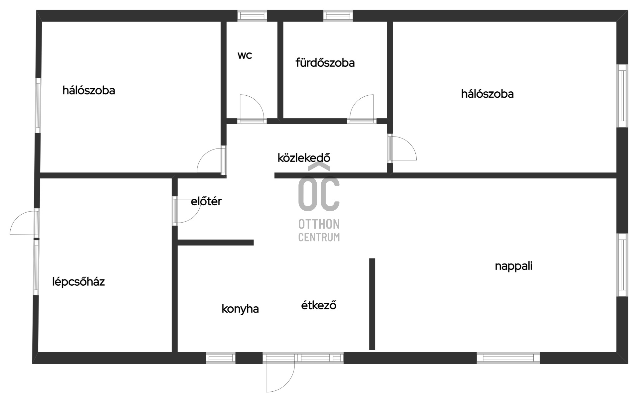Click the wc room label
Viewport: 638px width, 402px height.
pos(245,55)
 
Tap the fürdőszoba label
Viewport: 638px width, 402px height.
pos(325,62)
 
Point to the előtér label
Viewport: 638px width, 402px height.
pos(206,201)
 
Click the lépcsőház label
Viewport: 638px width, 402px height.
pos(78,282)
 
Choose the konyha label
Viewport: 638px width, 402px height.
pos(240,309)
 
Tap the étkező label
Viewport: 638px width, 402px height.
pos(319,305)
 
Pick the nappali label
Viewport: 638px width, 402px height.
pos(513,266)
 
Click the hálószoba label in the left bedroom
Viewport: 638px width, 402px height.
pos(89,90)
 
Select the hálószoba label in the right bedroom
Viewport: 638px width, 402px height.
pos(487,94)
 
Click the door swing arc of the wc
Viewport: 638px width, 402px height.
pos(252,107)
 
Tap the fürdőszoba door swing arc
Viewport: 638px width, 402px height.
pos(362,107)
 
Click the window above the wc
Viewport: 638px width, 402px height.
pos(252,16)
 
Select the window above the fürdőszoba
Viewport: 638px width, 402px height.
pos(338,16)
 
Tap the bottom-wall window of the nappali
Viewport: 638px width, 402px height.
pos(508,358)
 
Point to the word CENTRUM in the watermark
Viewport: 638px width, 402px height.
pos(319,237)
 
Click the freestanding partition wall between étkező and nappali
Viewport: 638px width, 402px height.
pos(372,304)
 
